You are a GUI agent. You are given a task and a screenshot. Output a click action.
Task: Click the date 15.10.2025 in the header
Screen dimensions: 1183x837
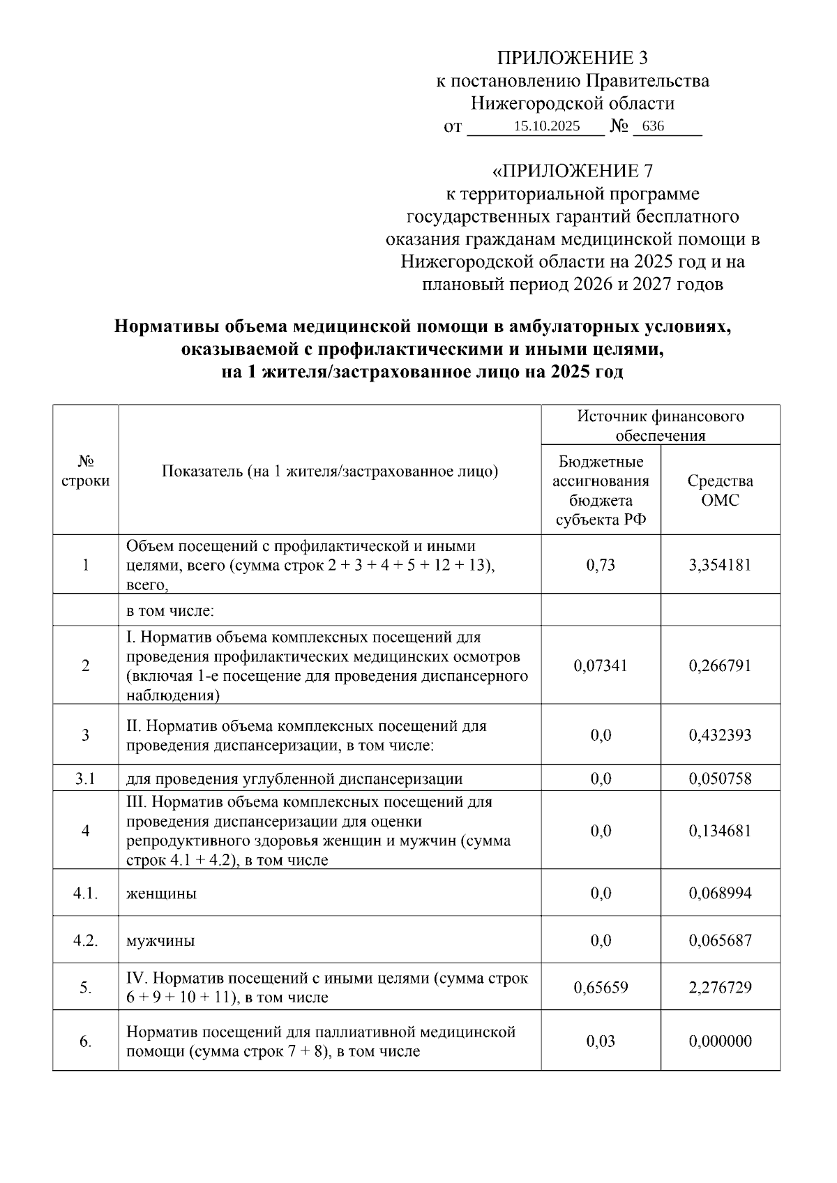click(x=546, y=126)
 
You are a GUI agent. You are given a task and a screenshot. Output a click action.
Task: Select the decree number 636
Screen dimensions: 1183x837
click(x=653, y=126)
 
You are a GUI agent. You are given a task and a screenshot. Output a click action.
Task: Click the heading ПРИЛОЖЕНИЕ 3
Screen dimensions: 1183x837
click(x=572, y=58)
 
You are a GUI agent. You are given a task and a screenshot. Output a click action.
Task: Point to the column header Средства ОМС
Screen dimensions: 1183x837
click(x=720, y=490)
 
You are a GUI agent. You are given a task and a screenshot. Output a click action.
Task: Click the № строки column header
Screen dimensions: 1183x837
click(x=86, y=471)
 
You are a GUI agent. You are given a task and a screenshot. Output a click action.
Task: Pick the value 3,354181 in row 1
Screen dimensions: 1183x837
click(x=720, y=564)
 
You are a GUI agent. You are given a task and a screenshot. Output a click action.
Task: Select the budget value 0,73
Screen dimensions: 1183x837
click(x=601, y=564)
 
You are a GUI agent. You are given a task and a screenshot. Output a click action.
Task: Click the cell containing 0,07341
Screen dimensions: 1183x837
click(x=601, y=665)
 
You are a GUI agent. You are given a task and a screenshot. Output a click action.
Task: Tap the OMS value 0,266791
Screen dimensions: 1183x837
click(x=720, y=665)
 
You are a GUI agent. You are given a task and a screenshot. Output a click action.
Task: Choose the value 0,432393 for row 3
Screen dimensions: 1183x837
click(x=720, y=735)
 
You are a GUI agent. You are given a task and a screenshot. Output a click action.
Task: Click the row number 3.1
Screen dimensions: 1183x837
click(x=86, y=778)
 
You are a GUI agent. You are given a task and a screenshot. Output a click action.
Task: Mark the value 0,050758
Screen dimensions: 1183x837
click(x=720, y=778)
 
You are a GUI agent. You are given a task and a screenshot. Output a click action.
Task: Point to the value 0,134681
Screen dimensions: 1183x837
click(x=720, y=831)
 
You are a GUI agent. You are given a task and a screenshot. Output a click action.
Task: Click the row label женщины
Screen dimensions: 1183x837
click(x=161, y=894)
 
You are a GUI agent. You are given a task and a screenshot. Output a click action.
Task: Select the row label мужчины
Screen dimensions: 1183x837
click(x=160, y=941)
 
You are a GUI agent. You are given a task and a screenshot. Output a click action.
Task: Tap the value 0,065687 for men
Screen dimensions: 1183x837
click(x=720, y=941)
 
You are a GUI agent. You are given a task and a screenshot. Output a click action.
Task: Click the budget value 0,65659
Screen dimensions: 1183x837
click(x=601, y=988)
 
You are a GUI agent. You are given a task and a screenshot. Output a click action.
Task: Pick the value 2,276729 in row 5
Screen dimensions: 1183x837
click(x=720, y=988)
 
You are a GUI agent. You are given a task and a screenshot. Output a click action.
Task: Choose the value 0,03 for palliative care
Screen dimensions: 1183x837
click(x=601, y=1041)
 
